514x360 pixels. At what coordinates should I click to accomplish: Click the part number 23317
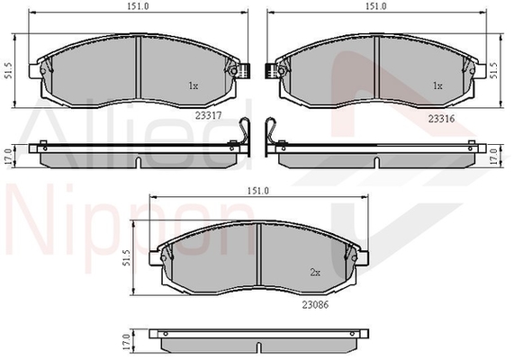[x=209, y=115]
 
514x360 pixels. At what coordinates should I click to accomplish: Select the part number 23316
[x=442, y=119]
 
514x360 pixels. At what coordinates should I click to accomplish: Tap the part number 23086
[x=315, y=304]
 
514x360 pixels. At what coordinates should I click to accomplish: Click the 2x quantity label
[x=315, y=272]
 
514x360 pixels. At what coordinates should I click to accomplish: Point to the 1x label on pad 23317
[x=193, y=85]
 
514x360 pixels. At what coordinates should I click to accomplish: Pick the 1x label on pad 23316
[x=437, y=85]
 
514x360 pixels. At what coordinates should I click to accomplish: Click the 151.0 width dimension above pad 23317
[x=139, y=6]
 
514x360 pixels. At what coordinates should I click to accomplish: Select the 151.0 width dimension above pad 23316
[x=376, y=6]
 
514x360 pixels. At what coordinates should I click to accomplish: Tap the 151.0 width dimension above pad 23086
[x=258, y=191]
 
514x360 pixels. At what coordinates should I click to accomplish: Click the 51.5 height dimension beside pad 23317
[x=9, y=70]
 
